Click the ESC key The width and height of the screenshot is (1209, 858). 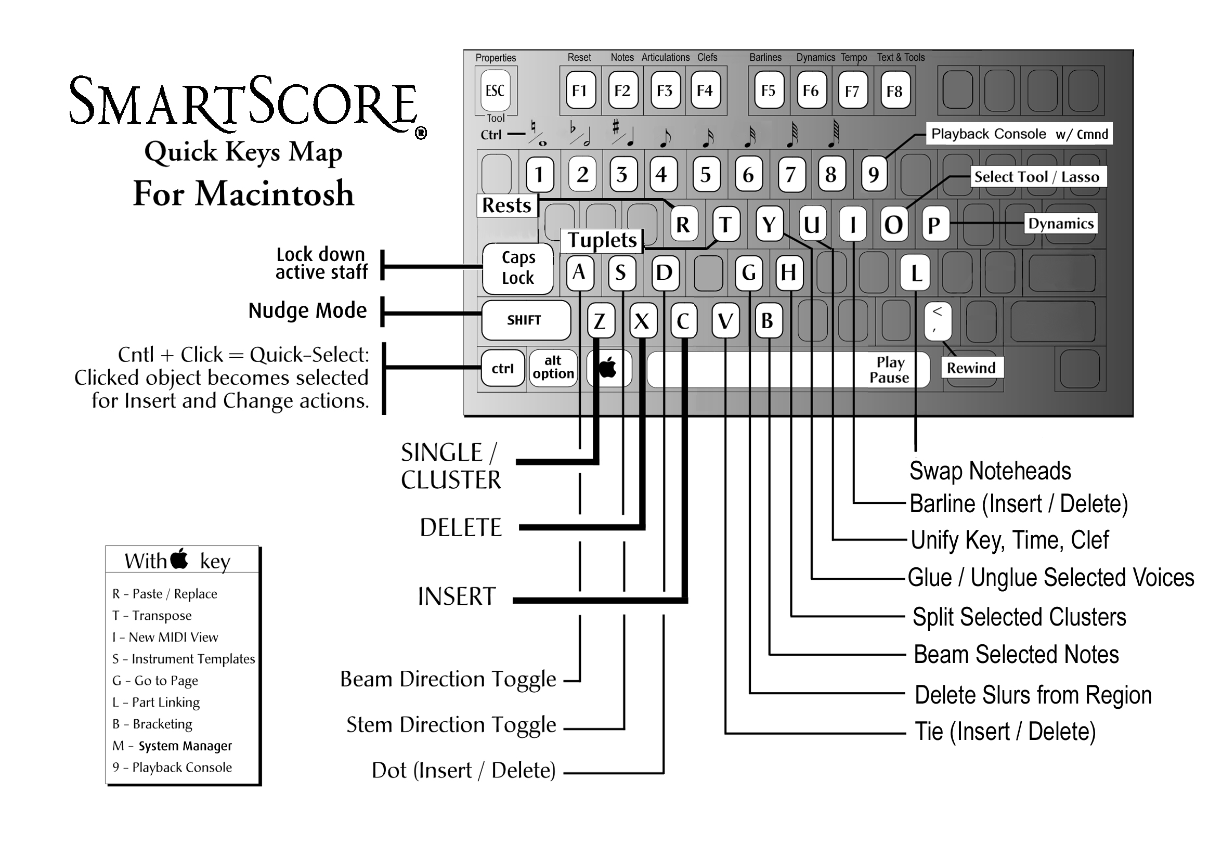[x=495, y=90]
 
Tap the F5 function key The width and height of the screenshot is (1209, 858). [x=769, y=90]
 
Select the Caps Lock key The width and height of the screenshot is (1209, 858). [x=517, y=268]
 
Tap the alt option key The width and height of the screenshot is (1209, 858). [x=553, y=368]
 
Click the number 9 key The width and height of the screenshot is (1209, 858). [x=874, y=174]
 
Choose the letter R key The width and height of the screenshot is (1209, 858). [x=683, y=225]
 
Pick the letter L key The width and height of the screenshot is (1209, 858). [x=915, y=272]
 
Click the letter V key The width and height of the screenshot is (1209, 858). [x=725, y=320]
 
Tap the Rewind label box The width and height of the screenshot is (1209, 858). [x=971, y=368]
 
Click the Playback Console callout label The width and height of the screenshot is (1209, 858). [x=1019, y=134]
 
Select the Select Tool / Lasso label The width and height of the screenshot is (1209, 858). [x=1038, y=176]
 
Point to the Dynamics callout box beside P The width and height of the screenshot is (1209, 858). [x=1061, y=224]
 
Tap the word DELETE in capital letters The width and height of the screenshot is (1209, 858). [x=461, y=527]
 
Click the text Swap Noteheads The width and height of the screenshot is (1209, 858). [x=990, y=471]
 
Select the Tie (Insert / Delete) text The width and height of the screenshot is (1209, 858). [x=1005, y=732]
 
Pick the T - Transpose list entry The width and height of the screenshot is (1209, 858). [x=152, y=616]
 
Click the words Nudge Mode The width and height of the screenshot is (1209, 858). [x=307, y=310]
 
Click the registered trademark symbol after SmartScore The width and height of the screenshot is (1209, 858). [x=421, y=133]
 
